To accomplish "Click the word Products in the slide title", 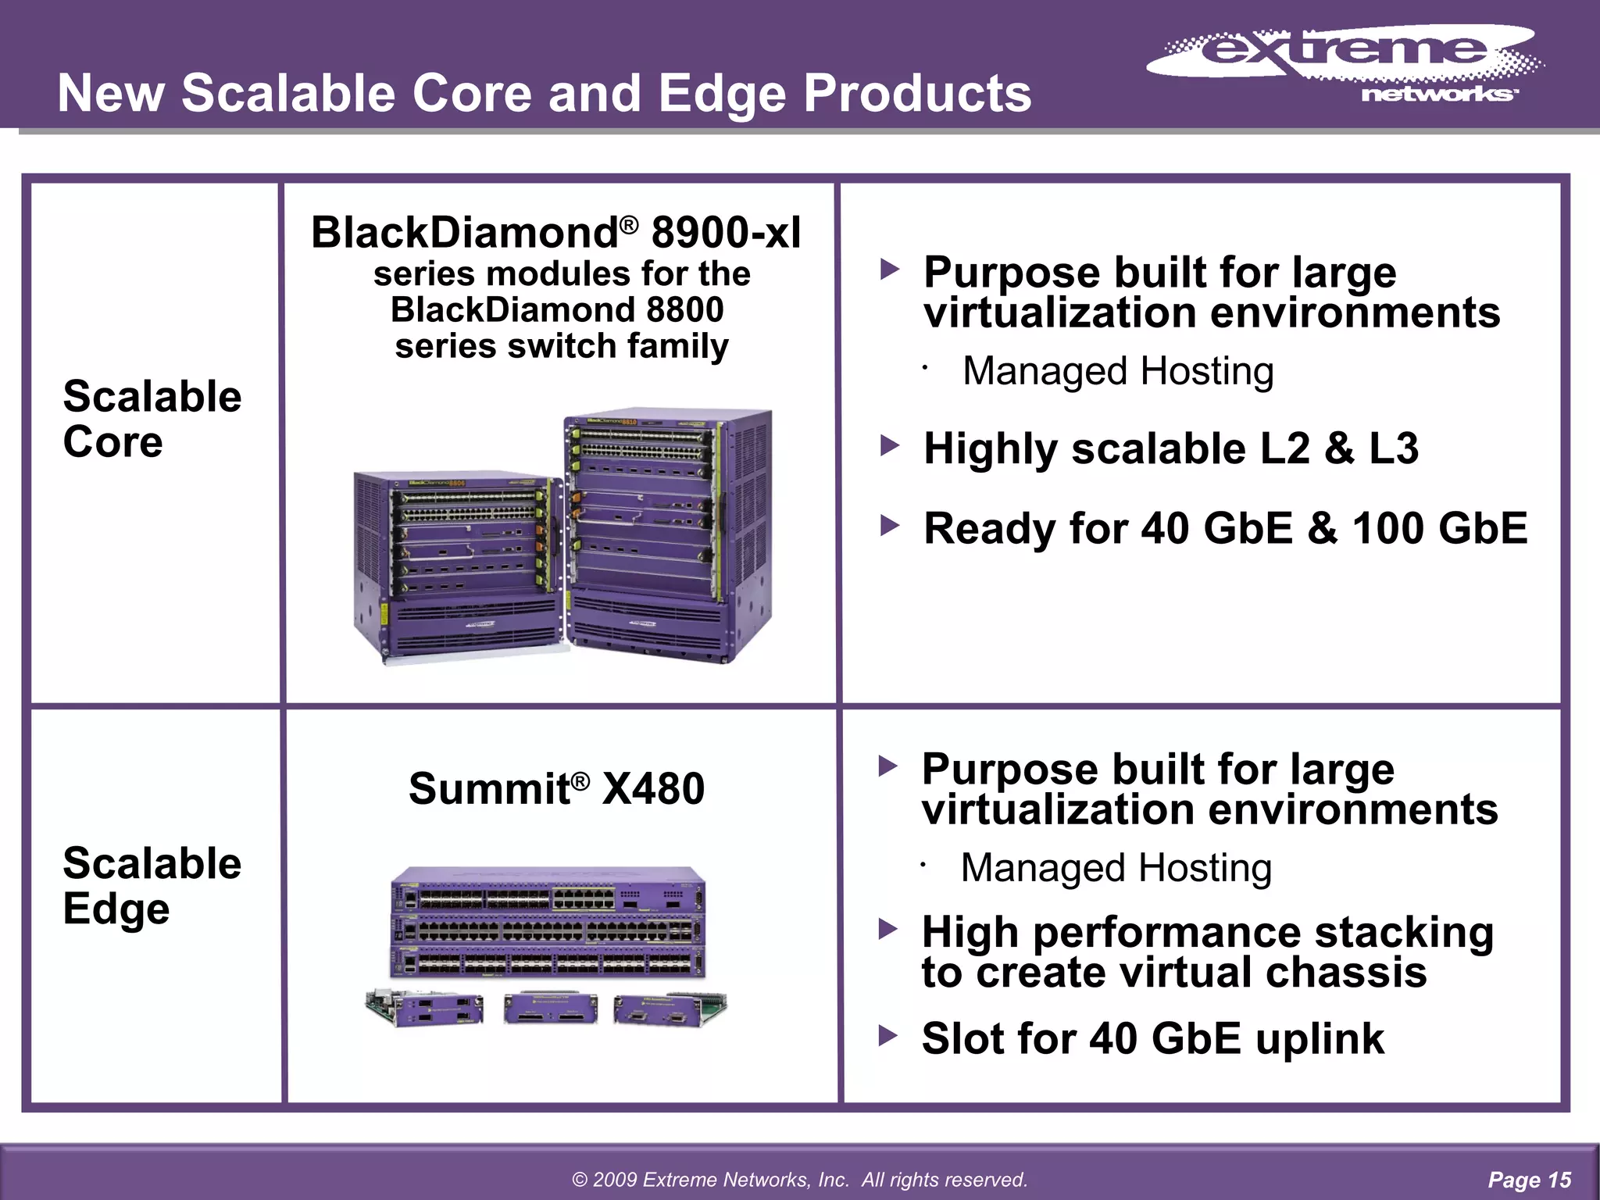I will point(917,93).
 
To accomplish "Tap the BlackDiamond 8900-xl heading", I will point(555,233).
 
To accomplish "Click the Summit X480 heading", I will point(555,787).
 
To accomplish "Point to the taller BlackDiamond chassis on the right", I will point(668,535).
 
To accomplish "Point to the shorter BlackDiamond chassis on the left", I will point(457,566).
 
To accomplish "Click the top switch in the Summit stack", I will point(547,891).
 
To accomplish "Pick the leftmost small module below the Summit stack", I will point(424,1008).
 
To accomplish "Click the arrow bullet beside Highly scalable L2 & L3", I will point(889,447).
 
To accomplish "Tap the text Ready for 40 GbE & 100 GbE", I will point(1224,528).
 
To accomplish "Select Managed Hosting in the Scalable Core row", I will point(1117,371).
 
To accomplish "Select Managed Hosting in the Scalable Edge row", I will point(1116,868).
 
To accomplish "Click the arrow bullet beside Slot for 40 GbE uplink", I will point(887,1037).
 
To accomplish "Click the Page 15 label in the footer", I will point(1529,1180).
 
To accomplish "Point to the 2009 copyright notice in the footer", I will point(799,1180).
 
